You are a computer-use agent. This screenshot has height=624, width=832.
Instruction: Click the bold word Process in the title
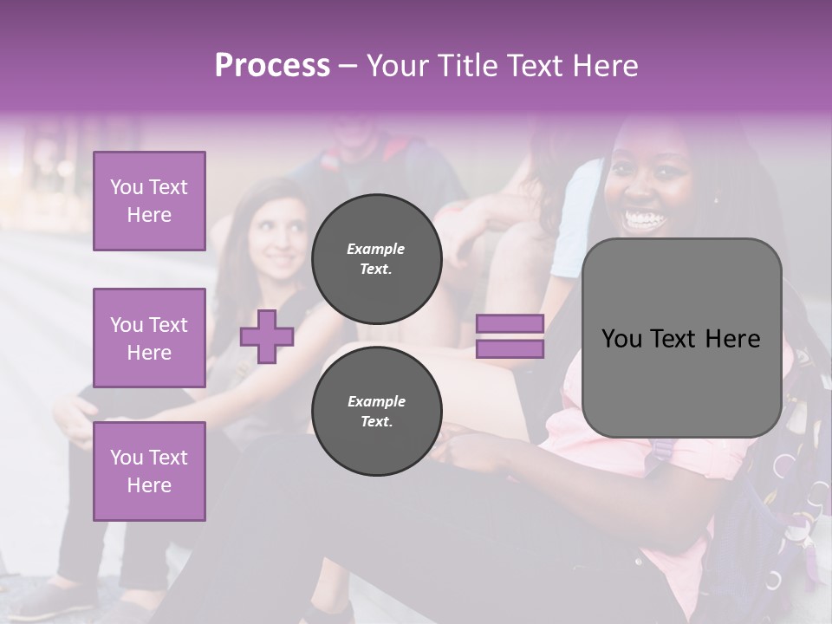(272, 65)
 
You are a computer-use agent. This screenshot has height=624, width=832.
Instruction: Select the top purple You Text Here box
(149, 201)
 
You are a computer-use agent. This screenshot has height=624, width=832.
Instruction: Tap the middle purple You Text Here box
(149, 338)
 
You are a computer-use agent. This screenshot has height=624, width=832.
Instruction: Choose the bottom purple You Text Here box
(149, 471)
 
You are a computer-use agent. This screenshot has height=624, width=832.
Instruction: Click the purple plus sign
(267, 336)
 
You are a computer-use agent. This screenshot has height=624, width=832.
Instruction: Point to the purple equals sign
(510, 336)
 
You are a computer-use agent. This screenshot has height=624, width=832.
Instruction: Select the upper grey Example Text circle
(377, 259)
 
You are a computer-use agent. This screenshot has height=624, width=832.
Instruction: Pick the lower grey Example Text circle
(377, 412)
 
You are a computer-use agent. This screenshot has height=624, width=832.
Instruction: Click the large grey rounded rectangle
(681, 338)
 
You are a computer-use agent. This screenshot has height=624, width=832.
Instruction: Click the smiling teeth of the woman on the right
(643, 218)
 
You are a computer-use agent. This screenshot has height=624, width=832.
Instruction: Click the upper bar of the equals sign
(510, 324)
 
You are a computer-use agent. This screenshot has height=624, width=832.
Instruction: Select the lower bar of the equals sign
(510, 348)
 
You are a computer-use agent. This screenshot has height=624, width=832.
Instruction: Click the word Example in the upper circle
(376, 249)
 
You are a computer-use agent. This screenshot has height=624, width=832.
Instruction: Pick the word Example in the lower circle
(376, 401)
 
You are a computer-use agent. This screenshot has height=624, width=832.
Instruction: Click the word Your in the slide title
(396, 65)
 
